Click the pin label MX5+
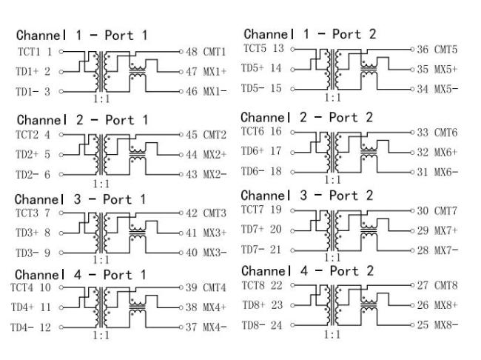(x=446, y=68)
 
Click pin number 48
(x=191, y=52)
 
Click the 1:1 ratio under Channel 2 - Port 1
(x=98, y=183)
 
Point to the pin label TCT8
(x=255, y=284)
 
